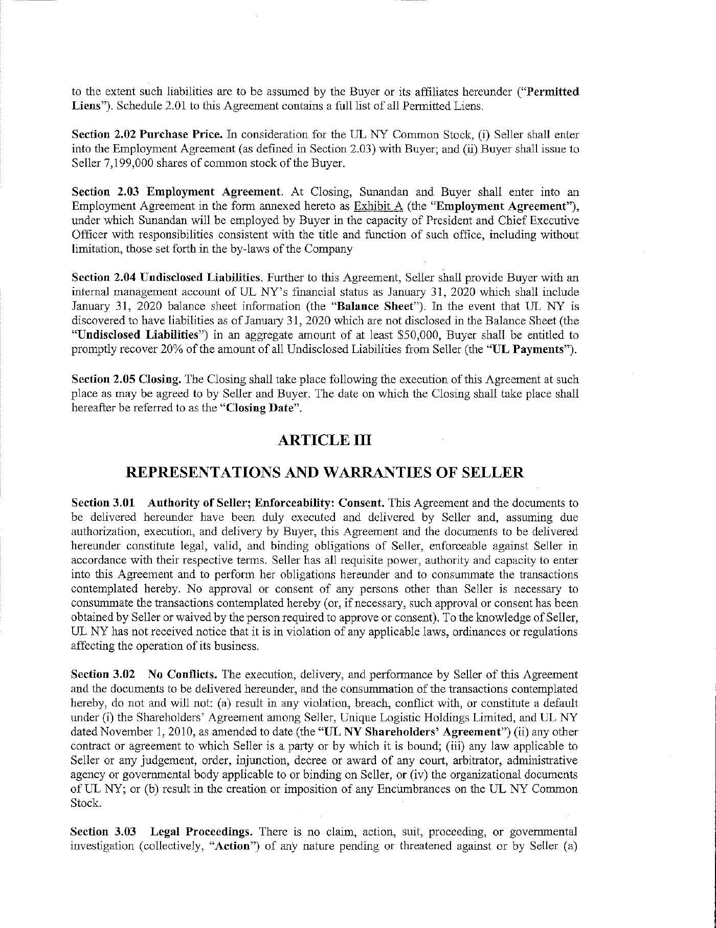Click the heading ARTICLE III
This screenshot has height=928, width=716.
coord(324,440)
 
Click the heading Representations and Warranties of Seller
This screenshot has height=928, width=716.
coord(325,472)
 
